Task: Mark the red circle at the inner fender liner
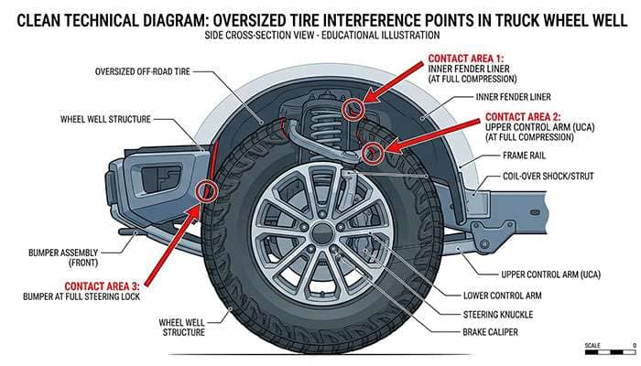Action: tap(353, 110)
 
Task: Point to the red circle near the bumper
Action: tap(206, 191)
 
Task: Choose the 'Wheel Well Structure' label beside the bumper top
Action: tap(105, 119)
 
